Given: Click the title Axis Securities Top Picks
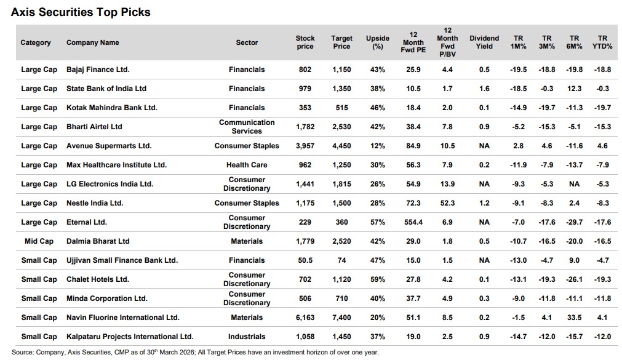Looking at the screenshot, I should point(81,12).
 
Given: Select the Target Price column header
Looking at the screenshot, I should point(341,42).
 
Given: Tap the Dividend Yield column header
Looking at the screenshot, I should point(484,42).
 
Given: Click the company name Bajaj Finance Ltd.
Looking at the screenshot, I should point(98,70).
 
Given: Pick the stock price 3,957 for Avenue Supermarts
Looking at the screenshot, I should point(305,146).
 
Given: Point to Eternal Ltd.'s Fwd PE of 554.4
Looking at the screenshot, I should point(413,222).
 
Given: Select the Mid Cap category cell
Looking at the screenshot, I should point(39,241).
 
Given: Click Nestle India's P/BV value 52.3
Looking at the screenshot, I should point(448,203).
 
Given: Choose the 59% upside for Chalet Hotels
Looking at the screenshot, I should point(378,279).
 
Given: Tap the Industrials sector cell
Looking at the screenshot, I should point(247,337).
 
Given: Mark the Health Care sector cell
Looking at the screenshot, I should point(247,165).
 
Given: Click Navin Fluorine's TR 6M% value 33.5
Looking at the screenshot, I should point(575,318).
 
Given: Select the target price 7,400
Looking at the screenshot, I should point(341,318).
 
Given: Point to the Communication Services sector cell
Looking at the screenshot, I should point(247,127).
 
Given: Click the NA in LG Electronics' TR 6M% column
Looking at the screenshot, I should point(575,184).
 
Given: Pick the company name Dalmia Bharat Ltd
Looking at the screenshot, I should point(98,241).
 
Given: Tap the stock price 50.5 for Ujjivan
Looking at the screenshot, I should point(305,260).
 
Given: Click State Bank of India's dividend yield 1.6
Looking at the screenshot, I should point(484,89).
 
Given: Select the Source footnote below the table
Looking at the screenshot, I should point(195,353).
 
